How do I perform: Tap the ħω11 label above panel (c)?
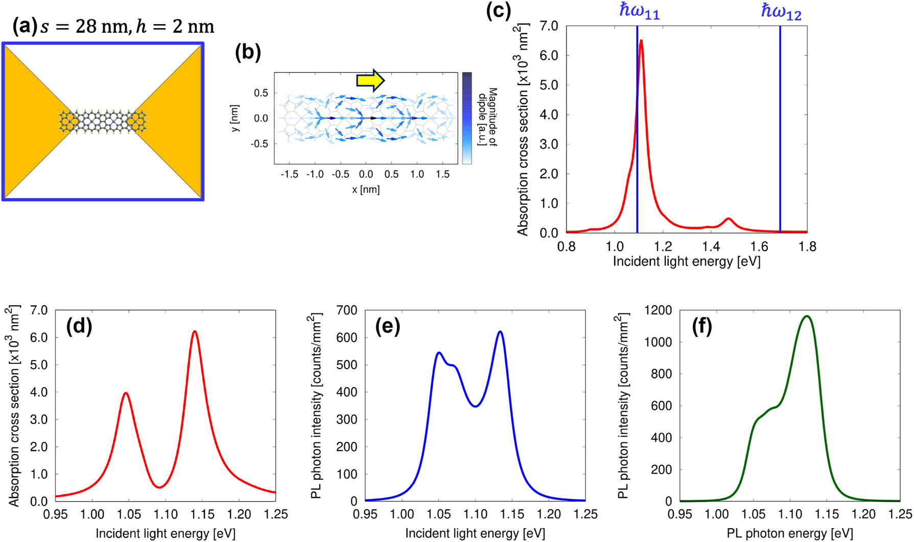tap(639, 11)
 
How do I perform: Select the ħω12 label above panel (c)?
tap(781, 11)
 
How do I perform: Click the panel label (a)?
tap(25, 26)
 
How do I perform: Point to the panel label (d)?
tap(79, 326)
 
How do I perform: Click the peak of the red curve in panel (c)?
tap(641, 40)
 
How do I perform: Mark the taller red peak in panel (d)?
tap(195, 331)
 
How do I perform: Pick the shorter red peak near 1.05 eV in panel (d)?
tap(126, 393)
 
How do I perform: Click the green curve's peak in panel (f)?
tap(807, 316)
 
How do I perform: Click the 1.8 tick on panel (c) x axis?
tap(807, 247)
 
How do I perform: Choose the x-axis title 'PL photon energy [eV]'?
tap(790, 534)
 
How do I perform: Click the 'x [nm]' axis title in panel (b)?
tap(366, 190)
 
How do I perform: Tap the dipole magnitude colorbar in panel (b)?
tap(467, 118)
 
